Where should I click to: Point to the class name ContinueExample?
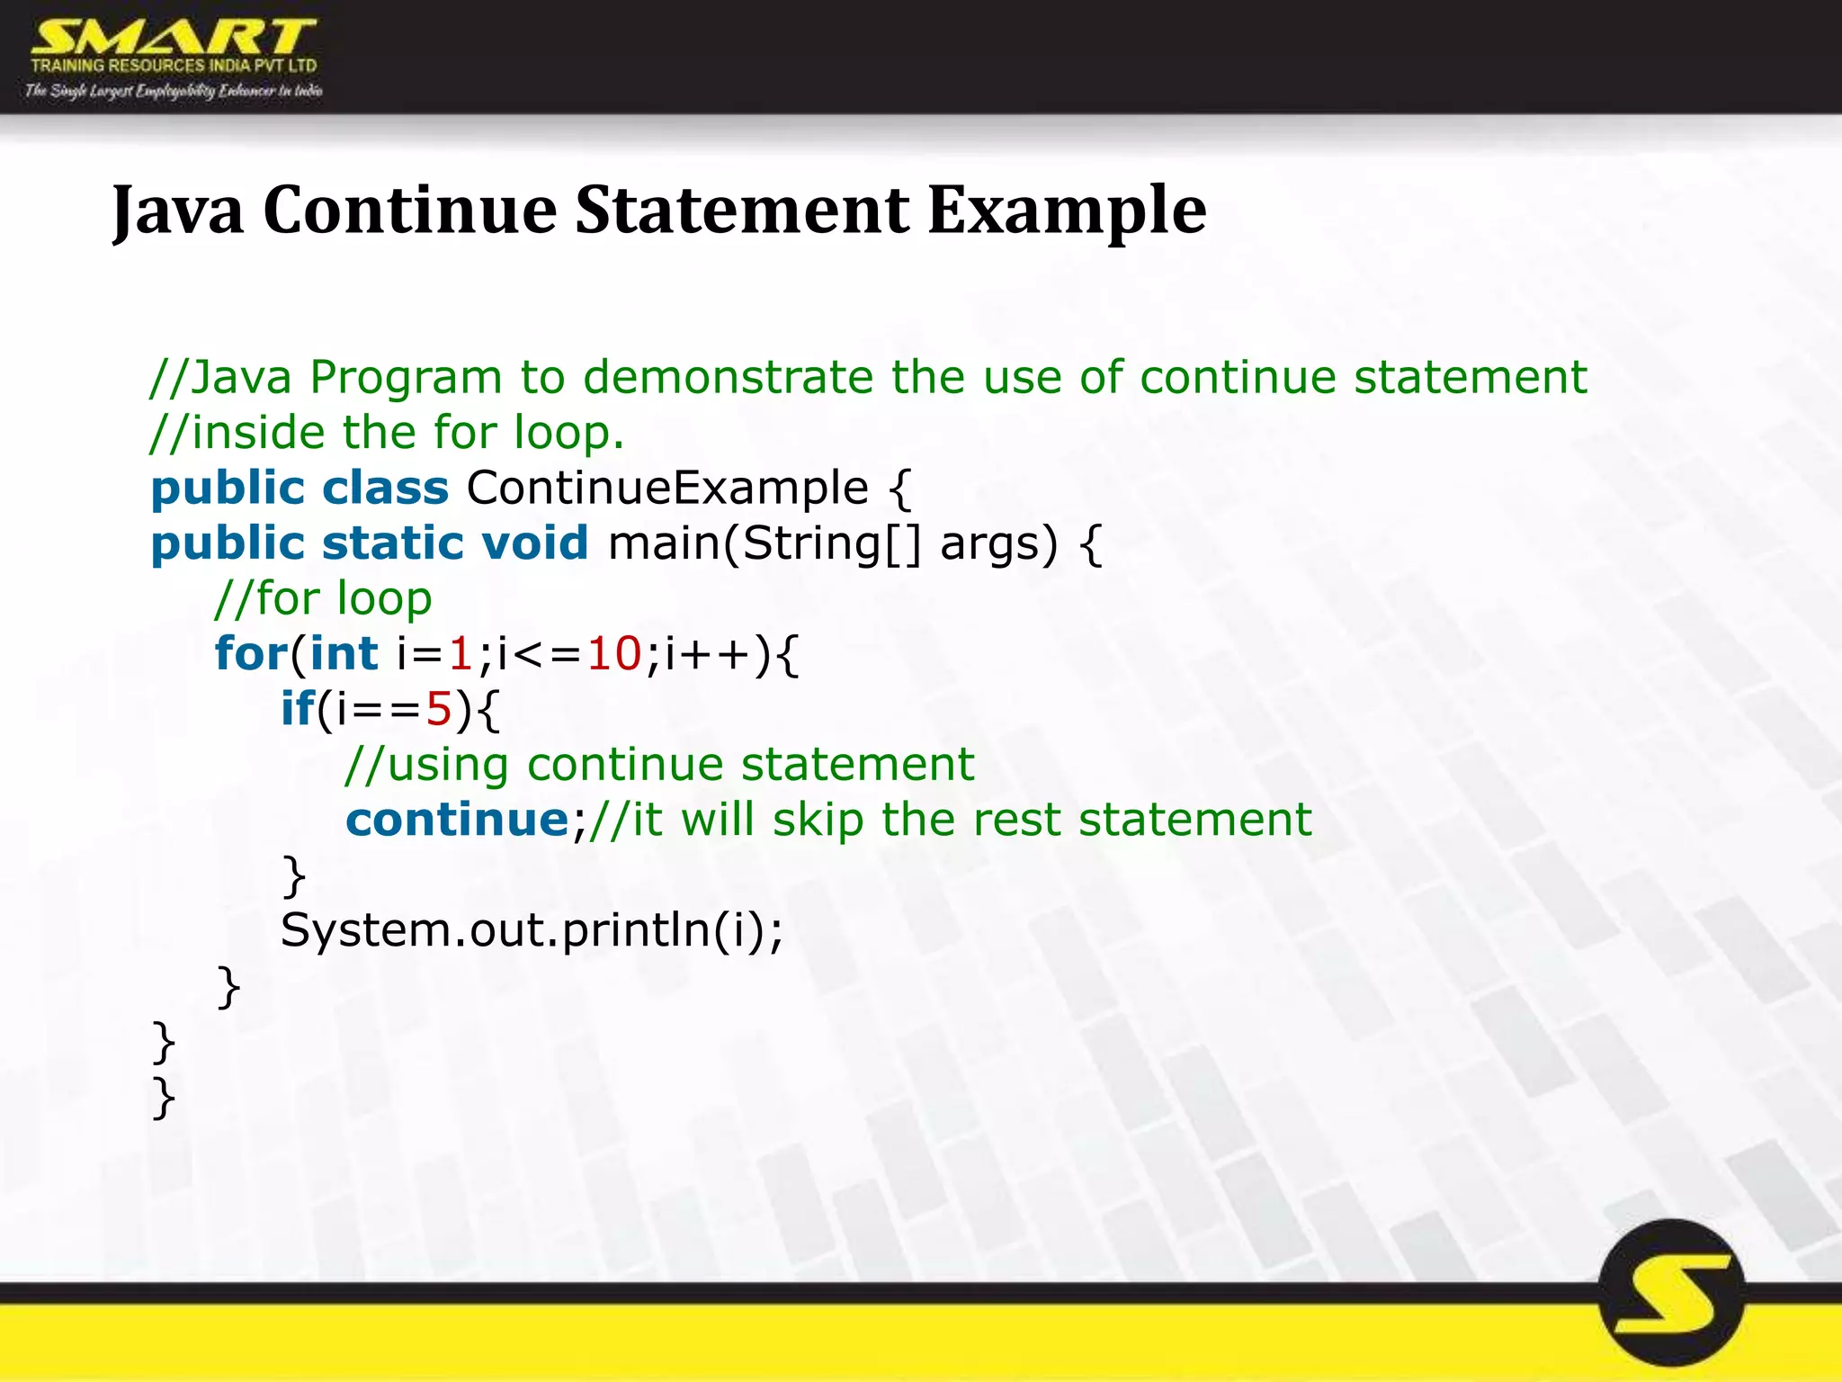click(667, 488)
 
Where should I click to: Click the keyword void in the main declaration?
click(534, 543)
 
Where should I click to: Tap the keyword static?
click(392, 543)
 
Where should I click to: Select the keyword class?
click(385, 488)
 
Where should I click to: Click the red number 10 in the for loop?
click(614, 654)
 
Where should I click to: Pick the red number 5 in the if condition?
click(438, 709)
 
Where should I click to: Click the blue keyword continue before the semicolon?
click(457, 820)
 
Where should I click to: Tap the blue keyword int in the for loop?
click(344, 654)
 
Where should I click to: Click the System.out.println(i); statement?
click(532, 930)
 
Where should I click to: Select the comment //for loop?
click(323, 599)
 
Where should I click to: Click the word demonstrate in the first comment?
click(728, 377)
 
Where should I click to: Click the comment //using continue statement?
click(659, 765)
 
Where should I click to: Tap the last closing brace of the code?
click(164, 1098)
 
